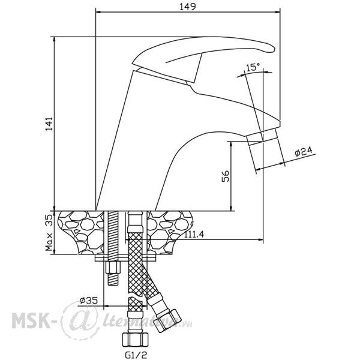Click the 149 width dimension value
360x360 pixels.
click(188, 7)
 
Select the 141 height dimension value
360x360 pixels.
click(49, 124)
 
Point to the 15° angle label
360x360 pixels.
click(253, 67)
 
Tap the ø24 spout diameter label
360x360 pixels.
click(304, 151)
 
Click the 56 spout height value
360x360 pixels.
click(225, 176)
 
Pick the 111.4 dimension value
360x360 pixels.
click(194, 235)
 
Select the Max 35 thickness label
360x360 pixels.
click(49, 233)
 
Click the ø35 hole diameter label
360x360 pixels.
click(89, 301)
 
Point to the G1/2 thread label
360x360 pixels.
click(136, 355)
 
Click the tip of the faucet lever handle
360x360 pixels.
click(274, 49)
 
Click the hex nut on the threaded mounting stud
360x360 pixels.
click(113, 268)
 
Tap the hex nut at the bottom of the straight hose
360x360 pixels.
click(135, 340)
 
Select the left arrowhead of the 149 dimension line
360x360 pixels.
click(98, 11)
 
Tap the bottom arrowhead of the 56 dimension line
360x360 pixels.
click(231, 208)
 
